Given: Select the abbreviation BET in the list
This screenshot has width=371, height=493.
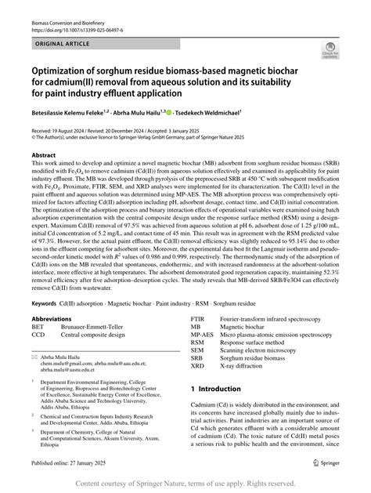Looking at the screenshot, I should coord(38,330).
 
